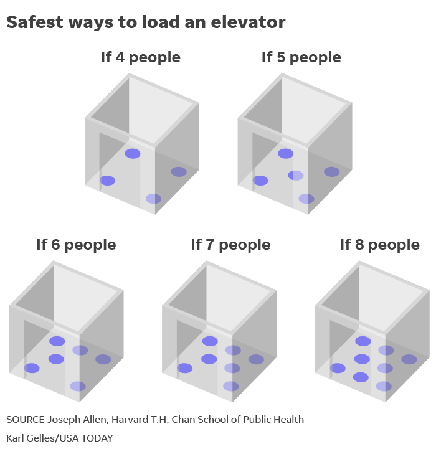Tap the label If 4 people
pos(141,57)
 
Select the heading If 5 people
pos(301,57)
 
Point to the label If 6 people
pos(76,245)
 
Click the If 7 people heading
pos(230,245)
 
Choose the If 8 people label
pos(380,245)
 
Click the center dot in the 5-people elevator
pos(296,176)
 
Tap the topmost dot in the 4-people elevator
pos(133,154)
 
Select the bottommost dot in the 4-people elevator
pos(153,199)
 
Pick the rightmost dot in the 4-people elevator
pos(179,172)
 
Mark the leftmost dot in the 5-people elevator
pos(260,181)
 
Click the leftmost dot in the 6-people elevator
pos(32,368)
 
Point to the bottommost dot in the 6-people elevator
pos(78,386)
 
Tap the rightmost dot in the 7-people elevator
pos(256,359)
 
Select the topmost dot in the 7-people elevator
pos(210,341)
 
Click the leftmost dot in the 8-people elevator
pos(338,368)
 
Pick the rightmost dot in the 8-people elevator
pos(409,359)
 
